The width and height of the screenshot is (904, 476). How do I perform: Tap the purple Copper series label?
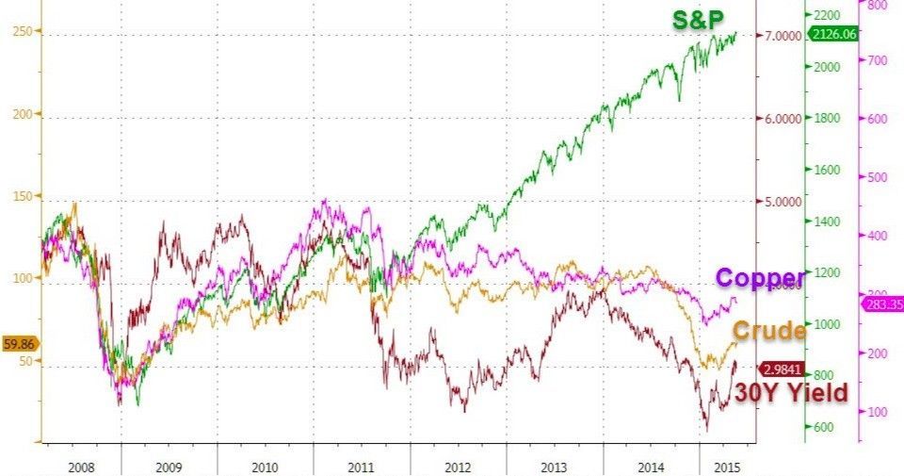[761, 278]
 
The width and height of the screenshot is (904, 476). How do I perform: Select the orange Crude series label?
[768, 331]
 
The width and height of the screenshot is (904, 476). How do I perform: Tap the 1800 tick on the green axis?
[827, 119]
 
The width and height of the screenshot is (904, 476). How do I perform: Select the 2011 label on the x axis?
[362, 467]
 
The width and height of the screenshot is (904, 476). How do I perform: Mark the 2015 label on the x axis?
[726, 467]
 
